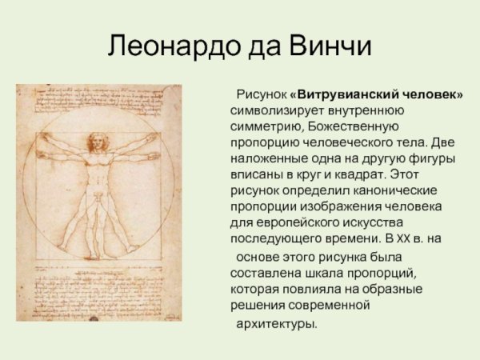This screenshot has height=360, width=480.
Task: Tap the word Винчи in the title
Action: (x=329, y=46)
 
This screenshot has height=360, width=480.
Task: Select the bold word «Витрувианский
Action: (x=346, y=95)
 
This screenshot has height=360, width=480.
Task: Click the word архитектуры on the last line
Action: (x=276, y=323)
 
